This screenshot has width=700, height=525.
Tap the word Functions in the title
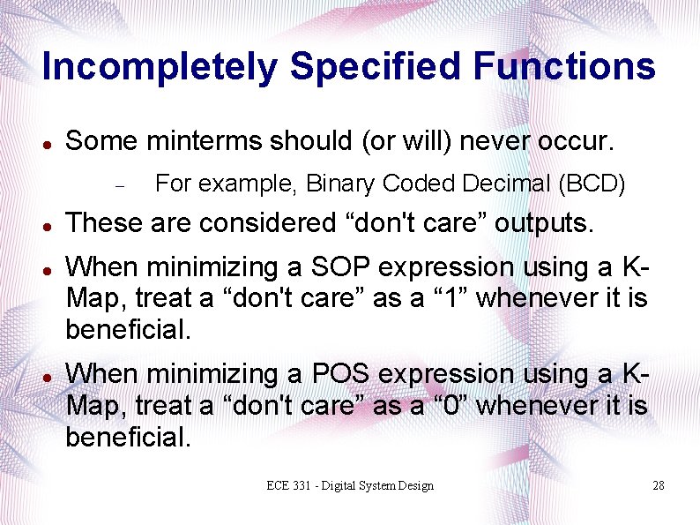click(564, 67)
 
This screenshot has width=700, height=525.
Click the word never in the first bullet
click(460, 141)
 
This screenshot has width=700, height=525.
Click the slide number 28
click(658, 486)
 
